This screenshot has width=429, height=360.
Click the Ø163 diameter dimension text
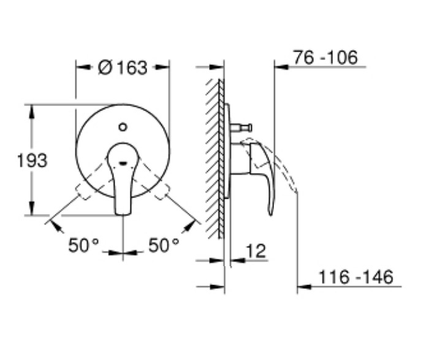point(123,67)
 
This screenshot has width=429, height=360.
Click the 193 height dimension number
point(32,161)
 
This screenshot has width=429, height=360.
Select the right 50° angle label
point(164,245)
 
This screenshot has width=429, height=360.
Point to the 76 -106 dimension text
point(325,58)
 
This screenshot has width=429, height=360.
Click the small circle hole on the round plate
point(123,128)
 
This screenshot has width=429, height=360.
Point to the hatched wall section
point(215,159)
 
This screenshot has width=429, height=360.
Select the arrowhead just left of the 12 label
point(235,260)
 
